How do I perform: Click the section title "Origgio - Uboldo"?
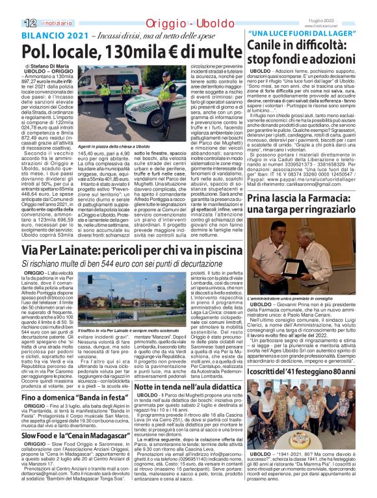(x=164, y=7)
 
